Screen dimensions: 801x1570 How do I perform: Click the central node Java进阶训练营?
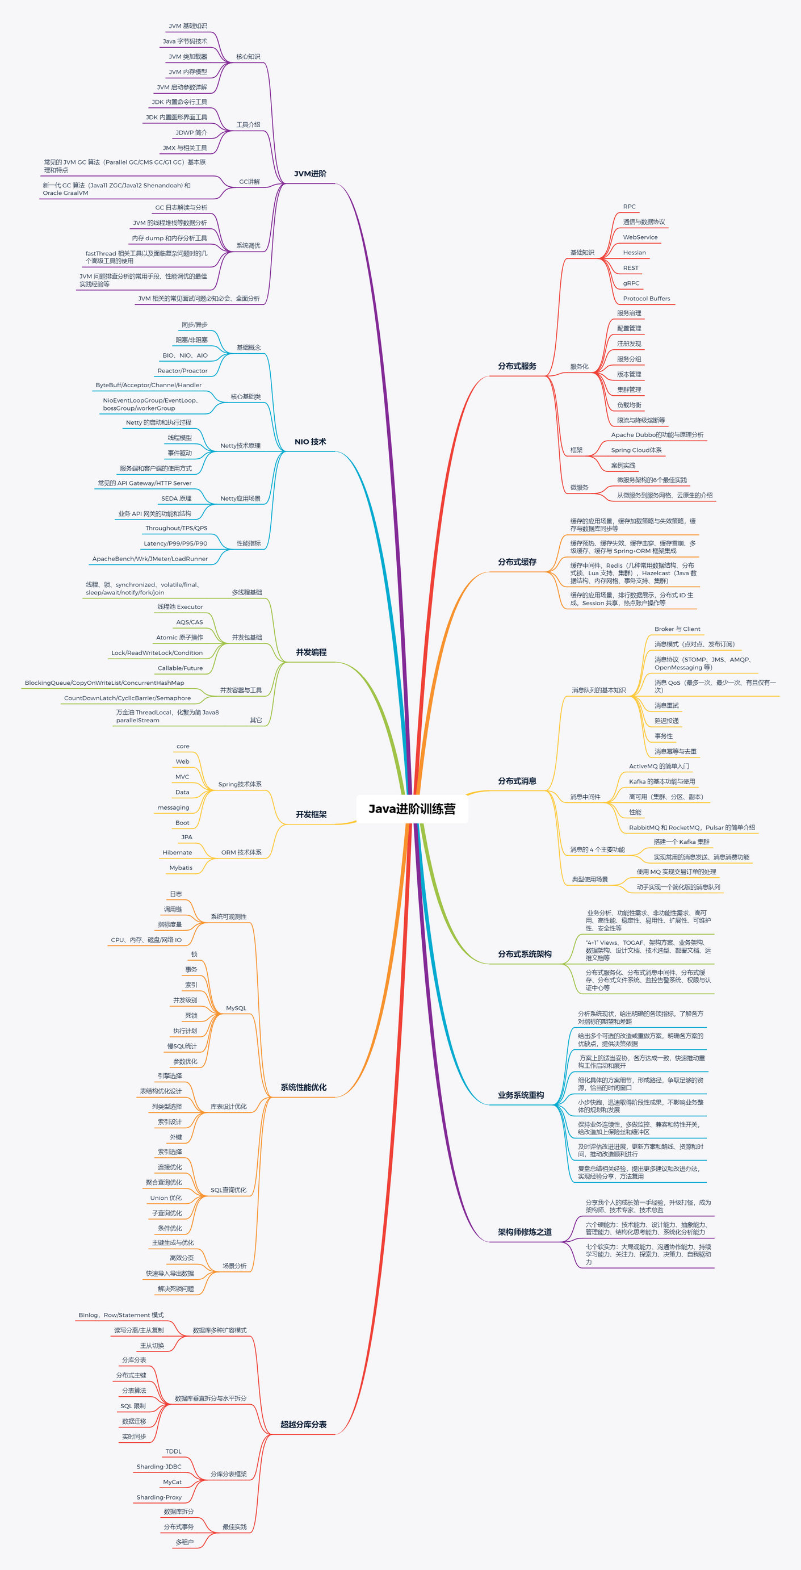click(412, 809)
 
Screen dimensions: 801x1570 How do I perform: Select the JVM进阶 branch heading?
click(310, 174)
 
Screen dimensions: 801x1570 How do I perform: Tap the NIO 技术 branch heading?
click(310, 442)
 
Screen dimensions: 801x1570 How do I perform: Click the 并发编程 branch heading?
click(311, 652)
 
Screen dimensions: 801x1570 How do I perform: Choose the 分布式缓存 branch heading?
click(517, 562)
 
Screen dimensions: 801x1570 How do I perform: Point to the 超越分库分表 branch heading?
click(303, 1424)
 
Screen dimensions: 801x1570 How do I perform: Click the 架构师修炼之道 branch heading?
click(525, 1232)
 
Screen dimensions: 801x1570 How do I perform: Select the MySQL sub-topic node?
click(236, 1008)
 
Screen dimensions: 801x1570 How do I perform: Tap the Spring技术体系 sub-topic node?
click(240, 784)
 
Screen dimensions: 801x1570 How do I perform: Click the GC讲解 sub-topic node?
click(249, 182)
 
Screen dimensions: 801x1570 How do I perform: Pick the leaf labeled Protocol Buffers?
click(646, 299)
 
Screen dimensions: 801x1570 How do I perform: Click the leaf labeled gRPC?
click(631, 283)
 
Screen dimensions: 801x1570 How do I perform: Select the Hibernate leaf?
click(177, 853)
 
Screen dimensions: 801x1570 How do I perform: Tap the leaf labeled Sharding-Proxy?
click(159, 1497)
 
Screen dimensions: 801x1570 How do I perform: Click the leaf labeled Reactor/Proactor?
click(182, 371)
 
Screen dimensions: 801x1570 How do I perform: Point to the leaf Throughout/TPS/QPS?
click(176, 529)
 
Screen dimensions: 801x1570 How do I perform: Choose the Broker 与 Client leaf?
click(677, 629)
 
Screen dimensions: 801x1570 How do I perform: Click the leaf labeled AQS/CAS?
click(190, 622)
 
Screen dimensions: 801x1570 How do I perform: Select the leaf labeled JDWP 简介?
click(191, 133)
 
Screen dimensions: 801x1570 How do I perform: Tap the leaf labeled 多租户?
click(184, 1542)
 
